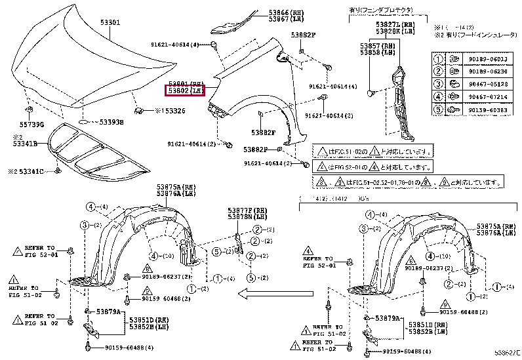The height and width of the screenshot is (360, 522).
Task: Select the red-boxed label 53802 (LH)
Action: pyautogui.click(x=185, y=90)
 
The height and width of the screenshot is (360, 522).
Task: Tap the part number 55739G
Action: pyautogui.click(x=31, y=124)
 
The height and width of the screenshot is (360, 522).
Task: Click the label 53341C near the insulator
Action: pyautogui.click(x=30, y=172)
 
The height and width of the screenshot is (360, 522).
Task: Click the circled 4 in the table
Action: pyautogui.click(x=439, y=97)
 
